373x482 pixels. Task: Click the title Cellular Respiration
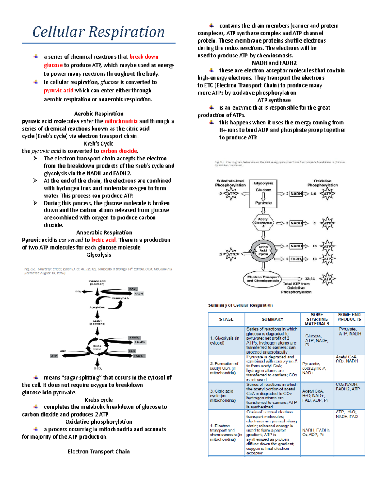click(99, 32)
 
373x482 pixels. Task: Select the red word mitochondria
click(121, 121)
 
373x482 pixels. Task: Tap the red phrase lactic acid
click(103, 240)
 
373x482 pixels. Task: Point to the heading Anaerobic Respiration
click(104, 232)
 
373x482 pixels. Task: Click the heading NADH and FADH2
click(274, 63)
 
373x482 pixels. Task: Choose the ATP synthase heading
click(274, 100)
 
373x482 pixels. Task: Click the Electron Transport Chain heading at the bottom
click(99, 452)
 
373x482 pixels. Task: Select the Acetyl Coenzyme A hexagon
click(263, 223)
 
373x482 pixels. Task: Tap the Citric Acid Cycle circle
click(263, 250)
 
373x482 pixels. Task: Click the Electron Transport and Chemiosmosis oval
click(263, 279)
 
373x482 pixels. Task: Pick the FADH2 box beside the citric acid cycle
click(296, 259)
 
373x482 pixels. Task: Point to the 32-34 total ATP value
click(310, 279)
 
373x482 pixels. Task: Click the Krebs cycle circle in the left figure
click(97, 347)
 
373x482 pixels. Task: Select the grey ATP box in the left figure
click(54, 356)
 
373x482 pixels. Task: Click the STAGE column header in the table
click(226, 319)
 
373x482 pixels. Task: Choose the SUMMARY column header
click(272, 319)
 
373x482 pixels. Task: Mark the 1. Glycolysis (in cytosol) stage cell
click(225, 340)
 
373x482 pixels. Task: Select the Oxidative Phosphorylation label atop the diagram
click(322, 183)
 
